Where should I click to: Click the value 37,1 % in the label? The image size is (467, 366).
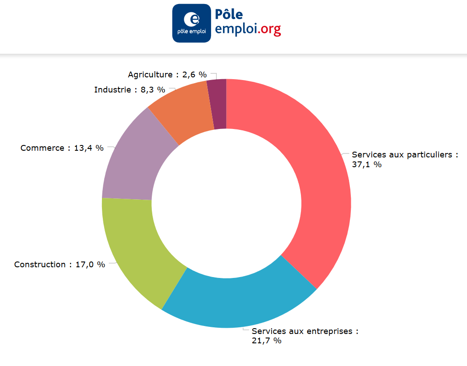tap(367, 165)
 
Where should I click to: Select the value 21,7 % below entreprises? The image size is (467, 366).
tap(267, 341)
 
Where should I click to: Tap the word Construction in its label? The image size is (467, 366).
tap(40, 265)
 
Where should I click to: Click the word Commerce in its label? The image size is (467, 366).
tap(42, 148)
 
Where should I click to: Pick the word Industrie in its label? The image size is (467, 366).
tap(113, 90)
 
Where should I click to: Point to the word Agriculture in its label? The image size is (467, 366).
tap(150, 75)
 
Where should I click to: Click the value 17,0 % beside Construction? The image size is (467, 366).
tap(90, 265)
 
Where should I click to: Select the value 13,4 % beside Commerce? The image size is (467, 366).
tap(89, 148)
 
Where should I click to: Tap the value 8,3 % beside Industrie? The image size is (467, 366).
tap(153, 90)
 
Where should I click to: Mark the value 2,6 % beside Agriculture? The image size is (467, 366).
tap(194, 75)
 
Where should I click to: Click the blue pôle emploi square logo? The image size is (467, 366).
tap(191, 23)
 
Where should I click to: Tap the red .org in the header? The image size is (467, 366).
tap(269, 29)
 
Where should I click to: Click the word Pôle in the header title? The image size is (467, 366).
tap(229, 14)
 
